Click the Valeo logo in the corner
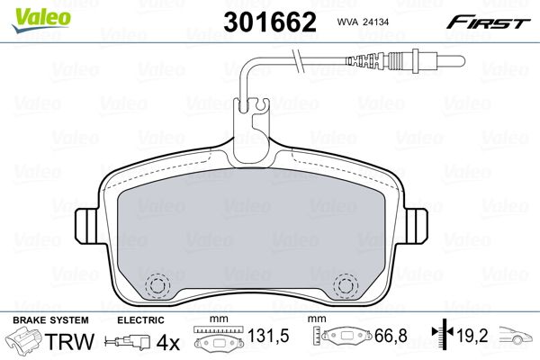pyautogui.click(x=41, y=20)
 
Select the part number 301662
pyautogui.click(x=270, y=22)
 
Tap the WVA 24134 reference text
pyautogui.click(x=363, y=22)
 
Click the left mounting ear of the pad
pyautogui.click(x=86, y=227)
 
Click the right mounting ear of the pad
pyautogui.click(x=416, y=226)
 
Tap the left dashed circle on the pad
pyautogui.click(x=157, y=285)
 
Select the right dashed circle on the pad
pyautogui.click(x=346, y=285)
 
